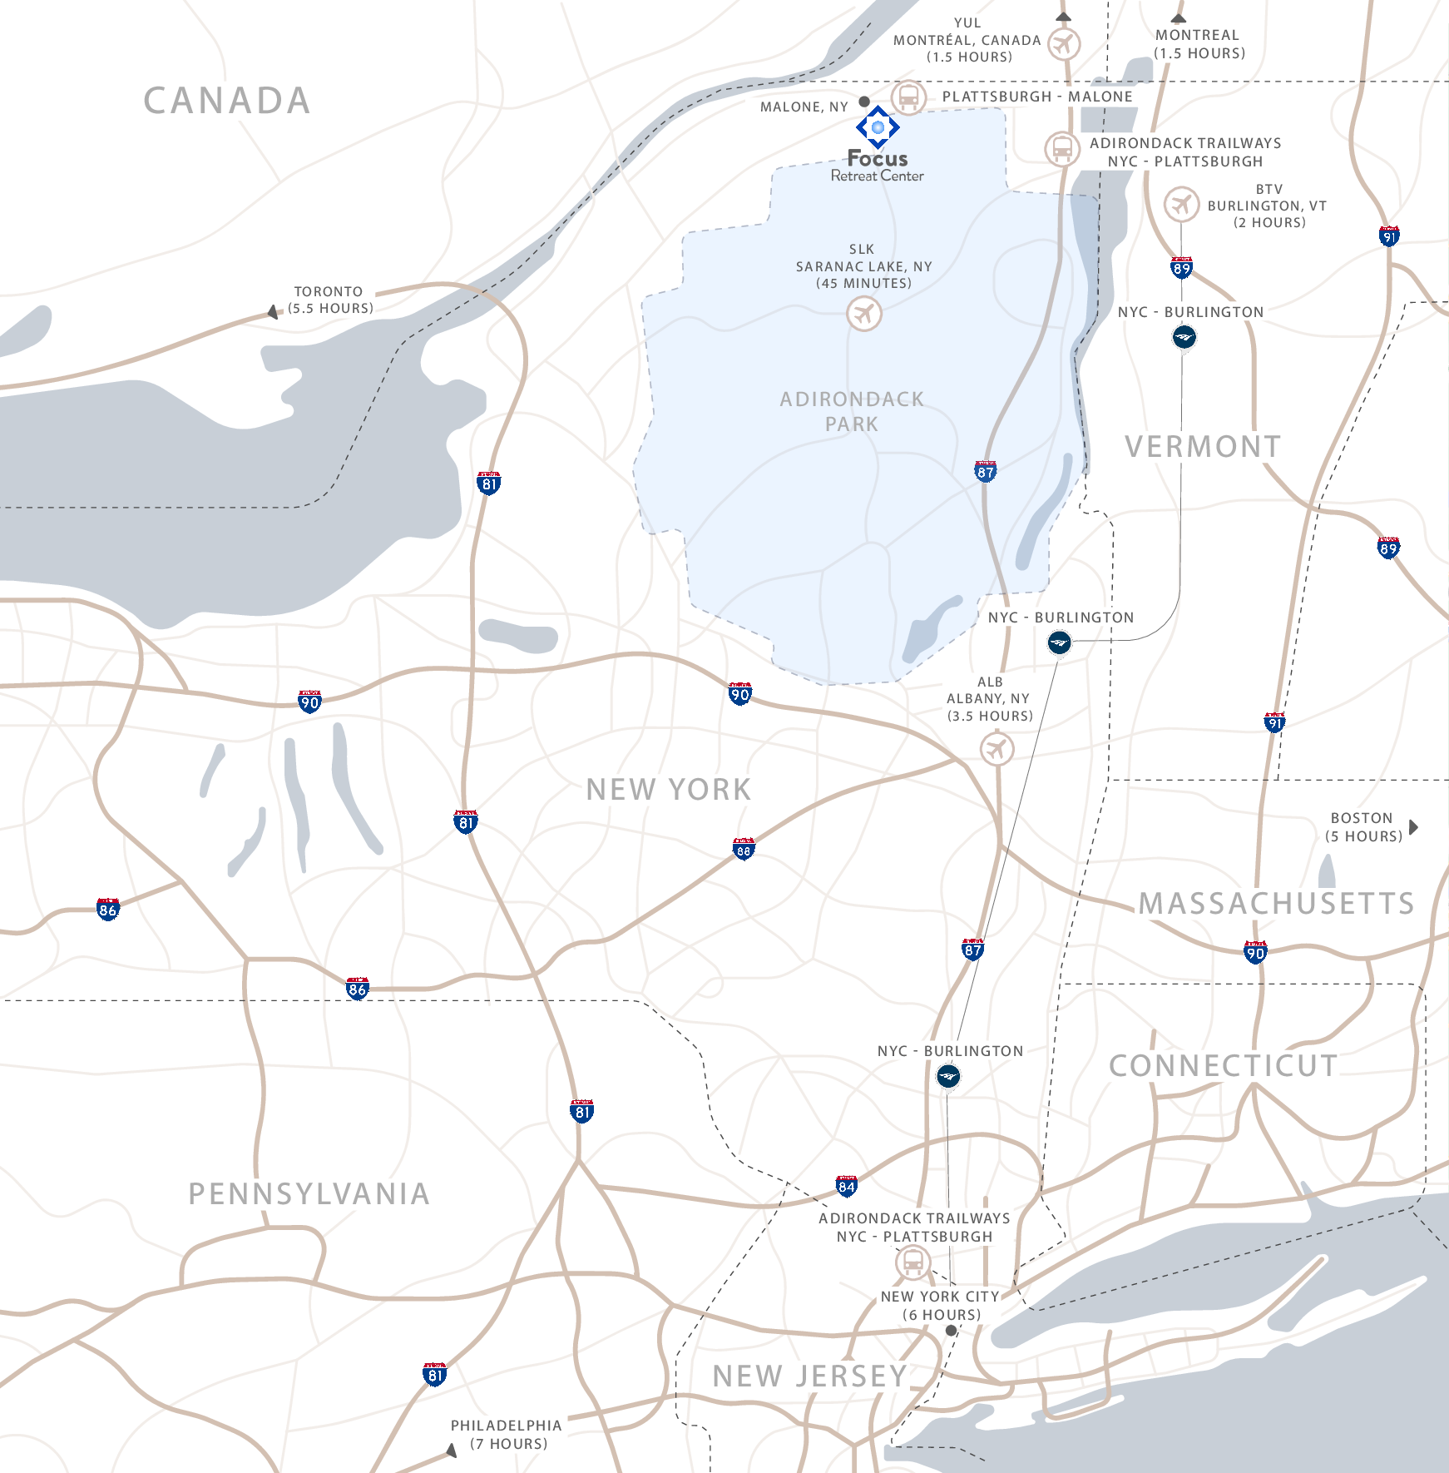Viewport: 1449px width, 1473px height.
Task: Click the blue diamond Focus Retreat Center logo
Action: tap(878, 127)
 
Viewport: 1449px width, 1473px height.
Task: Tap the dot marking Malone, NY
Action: tap(864, 102)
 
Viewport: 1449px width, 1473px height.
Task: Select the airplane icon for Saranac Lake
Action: tap(864, 315)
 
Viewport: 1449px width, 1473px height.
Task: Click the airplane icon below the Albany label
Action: tap(996, 749)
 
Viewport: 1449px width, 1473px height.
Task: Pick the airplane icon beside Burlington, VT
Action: tap(1181, 204)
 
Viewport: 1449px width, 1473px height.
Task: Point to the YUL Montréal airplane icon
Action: tap(1063, 43)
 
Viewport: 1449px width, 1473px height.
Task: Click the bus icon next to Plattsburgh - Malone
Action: tap(908, 97)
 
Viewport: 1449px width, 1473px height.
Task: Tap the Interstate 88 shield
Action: tap(744, 849)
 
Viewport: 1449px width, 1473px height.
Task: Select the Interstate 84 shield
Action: tap(847, 1186)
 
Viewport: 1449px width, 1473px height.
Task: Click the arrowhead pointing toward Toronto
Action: tap(273, 312)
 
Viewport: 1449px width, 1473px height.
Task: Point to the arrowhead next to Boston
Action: tap(1413, 827)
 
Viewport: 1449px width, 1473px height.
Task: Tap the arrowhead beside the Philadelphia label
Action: tap(452, 1451)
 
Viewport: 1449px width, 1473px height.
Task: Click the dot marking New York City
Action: tap(952, 1331)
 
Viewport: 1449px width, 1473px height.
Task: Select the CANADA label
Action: tap(227, 101)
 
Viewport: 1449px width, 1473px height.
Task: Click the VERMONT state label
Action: tap(1203, 447)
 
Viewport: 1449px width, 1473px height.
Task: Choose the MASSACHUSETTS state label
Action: tap(1276, 904)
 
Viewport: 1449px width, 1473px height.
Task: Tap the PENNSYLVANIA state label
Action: tap(309, 1194)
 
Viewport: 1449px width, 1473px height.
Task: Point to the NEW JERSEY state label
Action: tap(809, 1376)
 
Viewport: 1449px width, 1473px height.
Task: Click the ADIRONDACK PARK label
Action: tap(852, 411)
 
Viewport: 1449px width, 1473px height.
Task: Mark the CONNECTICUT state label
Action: tap(1223, 1066)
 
